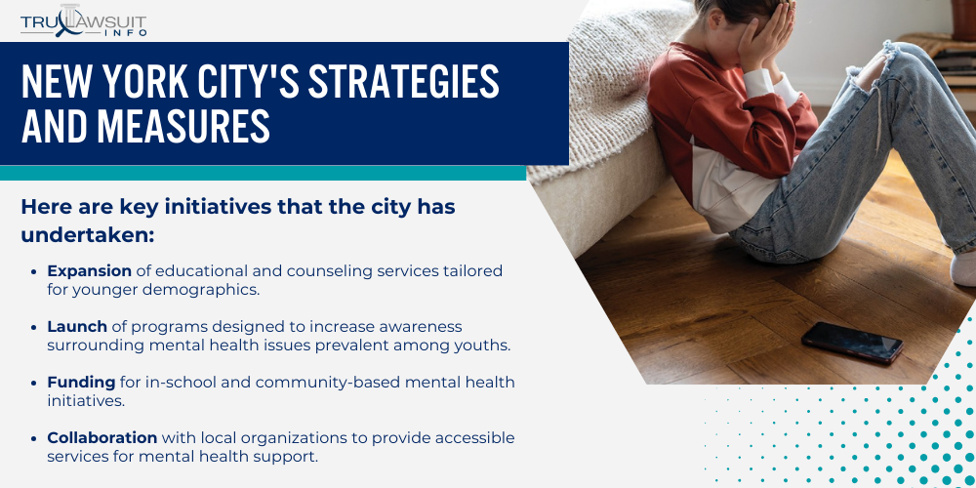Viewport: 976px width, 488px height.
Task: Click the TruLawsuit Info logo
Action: coord(83,20)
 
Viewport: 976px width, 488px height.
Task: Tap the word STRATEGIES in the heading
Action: coord(404,84)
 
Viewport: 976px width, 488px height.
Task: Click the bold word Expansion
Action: coord(89,270)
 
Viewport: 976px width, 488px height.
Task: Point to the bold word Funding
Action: coord(81,382)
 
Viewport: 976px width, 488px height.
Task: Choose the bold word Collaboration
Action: coord(102,437)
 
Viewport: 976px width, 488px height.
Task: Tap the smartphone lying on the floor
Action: coord(852,341)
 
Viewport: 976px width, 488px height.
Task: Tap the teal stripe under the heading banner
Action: coord(264,173)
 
